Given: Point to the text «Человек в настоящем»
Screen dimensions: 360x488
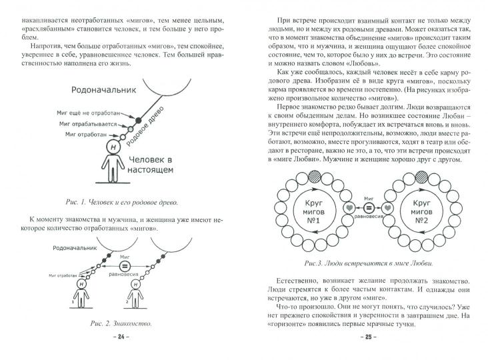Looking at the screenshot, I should [x=152, y=164].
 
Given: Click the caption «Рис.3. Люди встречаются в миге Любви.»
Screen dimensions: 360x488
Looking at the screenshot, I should [x=366, y=262].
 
